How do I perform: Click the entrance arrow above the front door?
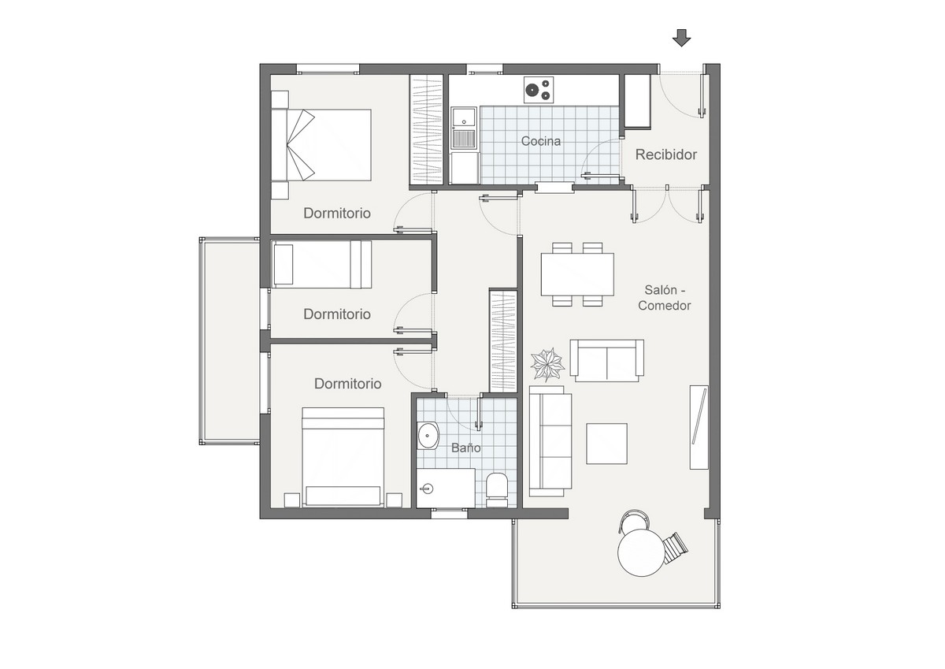tap(681, 38)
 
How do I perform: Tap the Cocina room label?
tap(541, 141)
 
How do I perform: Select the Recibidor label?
tap(666, 154)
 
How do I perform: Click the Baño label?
tap(465, 448)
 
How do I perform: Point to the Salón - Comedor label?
tap(665, 298)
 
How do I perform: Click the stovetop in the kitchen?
tap(539, 90)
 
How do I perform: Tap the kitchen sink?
tap(464, 128)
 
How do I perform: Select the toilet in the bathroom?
tap(497, 490)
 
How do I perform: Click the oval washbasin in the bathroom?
tap(428, 435)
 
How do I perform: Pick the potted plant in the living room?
tap(547, 364)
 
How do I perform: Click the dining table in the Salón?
tap(577, 274)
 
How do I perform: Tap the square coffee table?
tap(606, 444)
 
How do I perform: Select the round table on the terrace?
tap(641, 552)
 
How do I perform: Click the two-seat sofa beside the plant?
tap(606, 360)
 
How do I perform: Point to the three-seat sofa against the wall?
tap(550, 441)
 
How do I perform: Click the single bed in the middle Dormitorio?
tap(322, 265)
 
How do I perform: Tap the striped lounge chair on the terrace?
tap(675, 548)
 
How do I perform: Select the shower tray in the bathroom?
tap(446, 488)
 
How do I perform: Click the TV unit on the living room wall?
tap(699, 427)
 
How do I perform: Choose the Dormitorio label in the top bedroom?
tap(337, 214)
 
